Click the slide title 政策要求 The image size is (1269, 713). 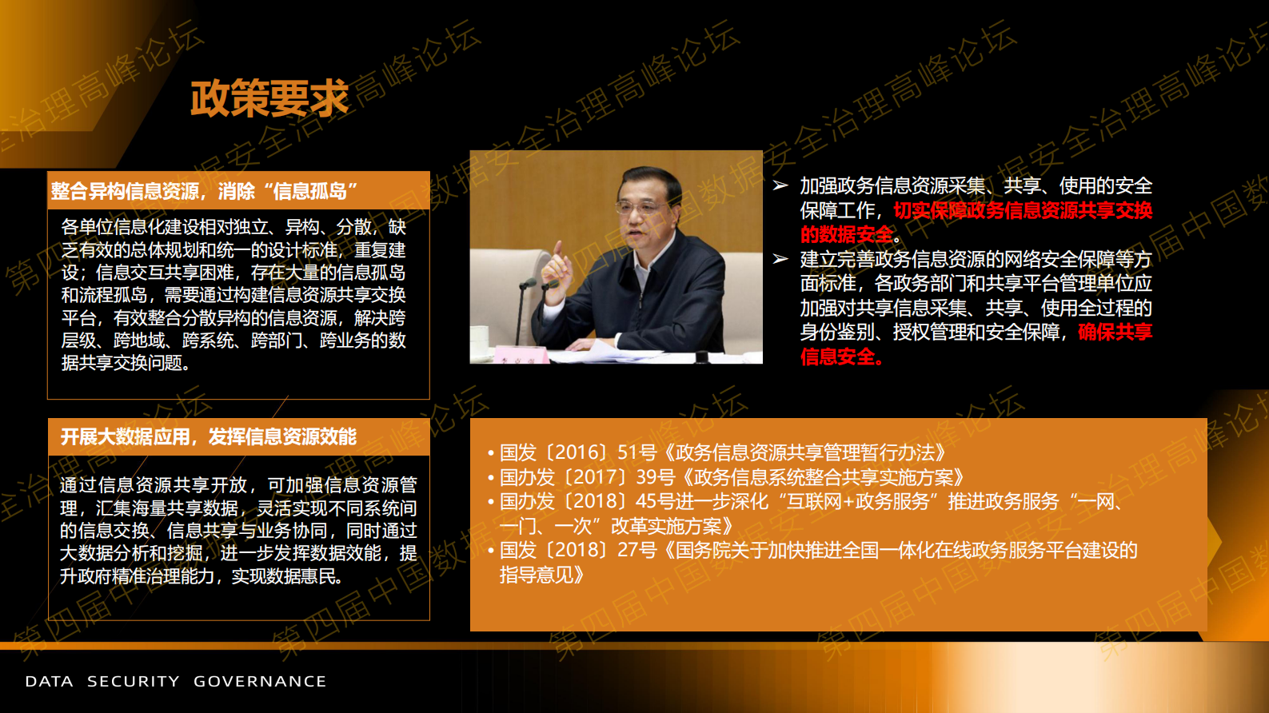pos(269,99)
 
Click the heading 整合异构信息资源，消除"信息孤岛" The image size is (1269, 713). pos(205,191)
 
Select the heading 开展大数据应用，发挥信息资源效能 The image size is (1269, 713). pos(209,436)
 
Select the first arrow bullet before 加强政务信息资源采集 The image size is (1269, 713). pos(780,186)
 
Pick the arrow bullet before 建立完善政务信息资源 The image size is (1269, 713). pos(780,259)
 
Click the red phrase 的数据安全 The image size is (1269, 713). pos(847,235)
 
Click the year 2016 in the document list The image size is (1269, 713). pos(581,453)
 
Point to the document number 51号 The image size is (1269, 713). pos(637,453)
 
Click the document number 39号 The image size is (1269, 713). pos(656,477)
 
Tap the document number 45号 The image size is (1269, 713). pos(656,502)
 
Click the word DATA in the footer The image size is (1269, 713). pos(49,682)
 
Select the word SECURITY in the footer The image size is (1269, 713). pos(134,682)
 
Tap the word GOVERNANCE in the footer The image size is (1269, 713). pos(260,682)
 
